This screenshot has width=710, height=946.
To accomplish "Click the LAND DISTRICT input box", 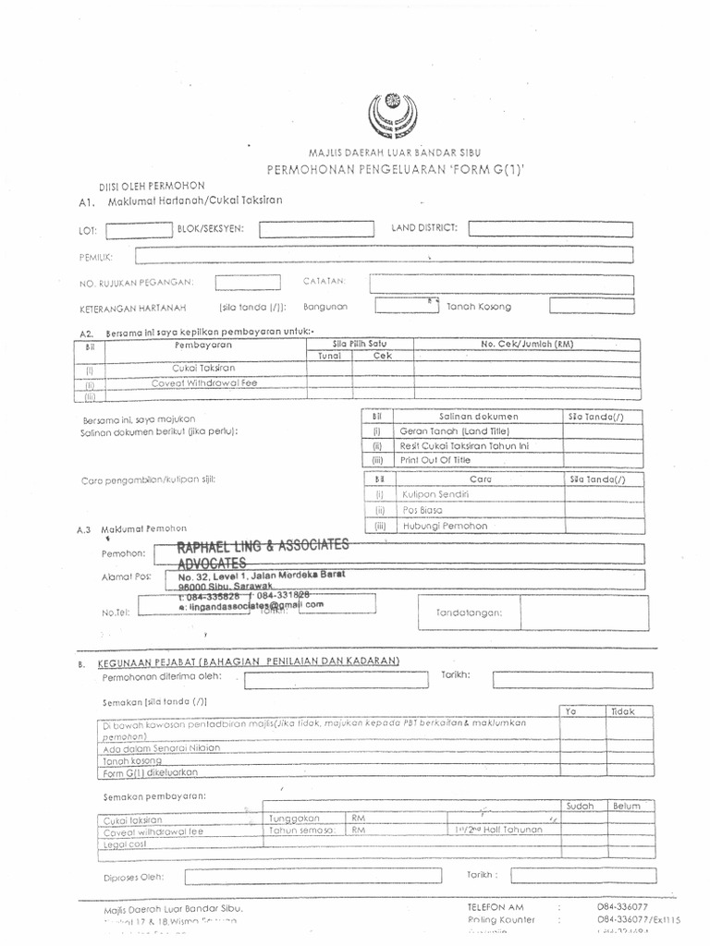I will pyautogui.click(x=551, y=228).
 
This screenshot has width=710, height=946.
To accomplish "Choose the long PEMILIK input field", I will pyautogui.click(x=384, y=256).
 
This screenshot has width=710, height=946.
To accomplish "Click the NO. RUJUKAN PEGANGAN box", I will pyautogui.click(x=247, y=283).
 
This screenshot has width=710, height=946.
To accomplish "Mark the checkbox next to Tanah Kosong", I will pyautogui.click(x=592, y=306).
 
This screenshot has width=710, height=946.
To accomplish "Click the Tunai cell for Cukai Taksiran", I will pyautogui.click(x=329, y=367).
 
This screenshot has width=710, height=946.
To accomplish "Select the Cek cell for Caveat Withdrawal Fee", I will pyautogui.click(x=383, y=382).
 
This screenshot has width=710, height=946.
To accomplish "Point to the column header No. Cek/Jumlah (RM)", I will pyautogui.click(x=527, y=344).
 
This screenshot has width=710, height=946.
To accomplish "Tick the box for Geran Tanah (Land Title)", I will pyautogui.click(x=596, y=431).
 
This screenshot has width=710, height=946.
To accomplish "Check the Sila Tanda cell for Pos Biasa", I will pyautogui.click(x=596, y=509).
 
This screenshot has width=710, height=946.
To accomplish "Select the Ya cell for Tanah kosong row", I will pyautogui.click(x=583, y=761).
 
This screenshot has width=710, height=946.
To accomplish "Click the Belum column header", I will pyautogui.click(x=626, y=806).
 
